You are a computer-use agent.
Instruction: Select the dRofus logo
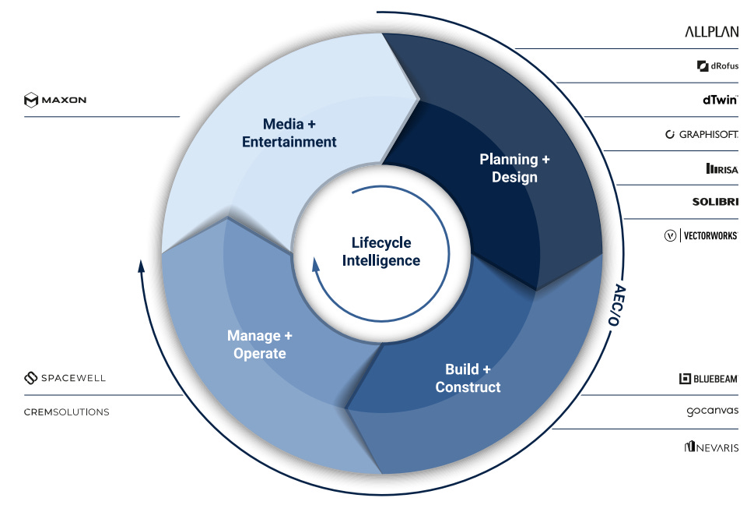(x=717, y=66)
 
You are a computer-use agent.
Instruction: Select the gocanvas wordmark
(x=712, y=411)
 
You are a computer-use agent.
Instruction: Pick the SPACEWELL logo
(x=65, y=378)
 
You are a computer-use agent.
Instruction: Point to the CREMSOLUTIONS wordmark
(x=66, y=411)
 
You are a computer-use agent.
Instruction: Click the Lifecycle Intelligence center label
(x=381, y=252)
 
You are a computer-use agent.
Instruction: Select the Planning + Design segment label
(x=514, y=168)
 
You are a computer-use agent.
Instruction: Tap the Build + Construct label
(x=468, y=378)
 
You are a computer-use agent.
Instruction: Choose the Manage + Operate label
(x=259, y=344)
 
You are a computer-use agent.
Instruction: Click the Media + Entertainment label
(x=289, y=132)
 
